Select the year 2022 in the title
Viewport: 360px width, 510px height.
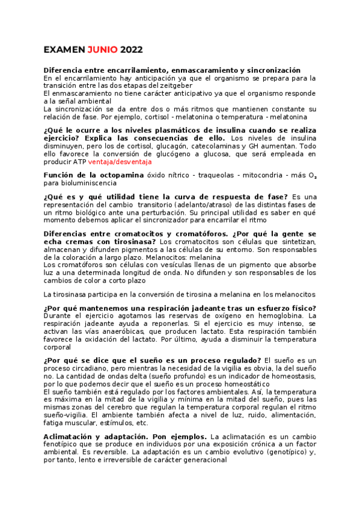click(132, 50)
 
